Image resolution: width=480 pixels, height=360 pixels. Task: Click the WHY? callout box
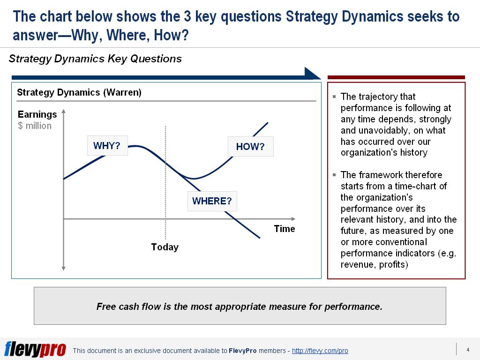[107, 145]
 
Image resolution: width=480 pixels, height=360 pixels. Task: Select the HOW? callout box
[250, 147]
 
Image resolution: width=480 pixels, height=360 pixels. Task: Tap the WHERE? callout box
[212, 201]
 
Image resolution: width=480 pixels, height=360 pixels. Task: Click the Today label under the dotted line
[165, 247]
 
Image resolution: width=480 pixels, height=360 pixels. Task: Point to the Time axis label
[285, 229]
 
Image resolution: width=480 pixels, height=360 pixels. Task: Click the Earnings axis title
[37, 114]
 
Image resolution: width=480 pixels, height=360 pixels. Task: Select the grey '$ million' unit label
[35, 126]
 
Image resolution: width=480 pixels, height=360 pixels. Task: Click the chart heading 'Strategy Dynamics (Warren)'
[79, 92]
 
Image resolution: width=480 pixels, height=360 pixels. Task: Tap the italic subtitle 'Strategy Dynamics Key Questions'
[95, 59]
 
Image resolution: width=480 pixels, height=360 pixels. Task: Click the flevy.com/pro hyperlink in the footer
[320, 351]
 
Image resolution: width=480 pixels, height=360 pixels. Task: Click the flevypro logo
[35, 349]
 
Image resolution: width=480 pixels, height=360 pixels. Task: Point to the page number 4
[468, 350]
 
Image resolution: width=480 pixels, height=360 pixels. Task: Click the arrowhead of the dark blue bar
[313, 74]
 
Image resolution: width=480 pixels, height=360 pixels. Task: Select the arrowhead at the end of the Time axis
[293, 219]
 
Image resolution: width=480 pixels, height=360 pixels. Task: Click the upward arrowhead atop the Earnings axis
[64, 112]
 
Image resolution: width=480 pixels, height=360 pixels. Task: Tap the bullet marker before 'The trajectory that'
[334, 97]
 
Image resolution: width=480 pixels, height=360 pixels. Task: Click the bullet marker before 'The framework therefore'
[334, 175]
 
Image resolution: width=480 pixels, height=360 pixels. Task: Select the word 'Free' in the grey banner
[106, 307]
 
